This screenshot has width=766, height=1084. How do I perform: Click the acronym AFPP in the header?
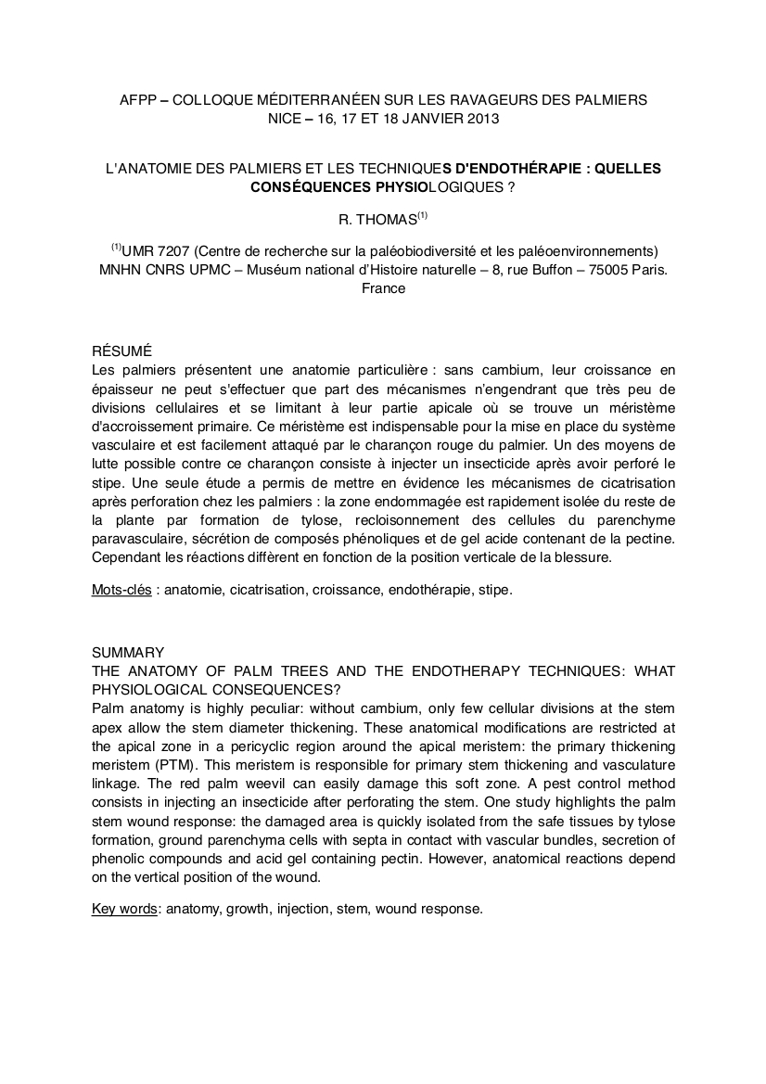(138, 99)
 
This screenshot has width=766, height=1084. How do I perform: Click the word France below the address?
(382, 288)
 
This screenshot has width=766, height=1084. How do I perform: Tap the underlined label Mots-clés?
(121, 590)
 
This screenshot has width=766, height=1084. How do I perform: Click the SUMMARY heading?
(128, 652)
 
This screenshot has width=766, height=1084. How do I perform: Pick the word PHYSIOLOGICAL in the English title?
(143, 690)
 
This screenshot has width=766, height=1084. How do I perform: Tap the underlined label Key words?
(124, 909)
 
